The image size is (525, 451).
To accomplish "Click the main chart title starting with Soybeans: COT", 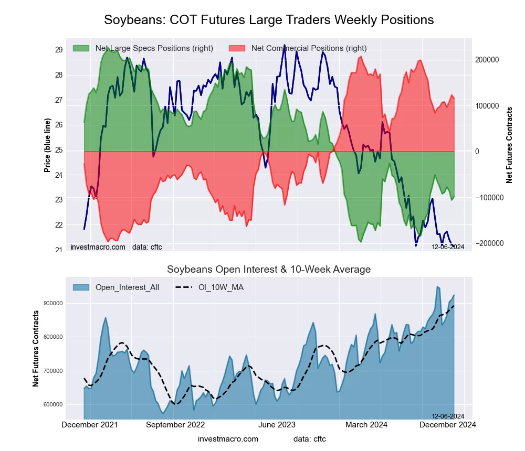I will click(269, 20).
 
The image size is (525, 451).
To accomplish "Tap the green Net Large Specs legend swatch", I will click(81, 48).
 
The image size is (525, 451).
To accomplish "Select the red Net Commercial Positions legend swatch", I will click(237, 48).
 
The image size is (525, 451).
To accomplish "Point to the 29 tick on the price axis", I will click(59, 50).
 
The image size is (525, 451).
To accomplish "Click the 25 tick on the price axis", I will click(59, 150).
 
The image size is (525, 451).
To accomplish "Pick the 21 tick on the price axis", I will click(59, 250).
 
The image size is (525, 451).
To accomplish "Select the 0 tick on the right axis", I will click(477, 152).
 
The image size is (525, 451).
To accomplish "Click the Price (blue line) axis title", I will click(47, 145).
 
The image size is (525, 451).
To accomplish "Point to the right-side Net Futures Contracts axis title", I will click(509, 145).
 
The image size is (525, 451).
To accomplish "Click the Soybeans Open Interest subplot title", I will click(269, 270).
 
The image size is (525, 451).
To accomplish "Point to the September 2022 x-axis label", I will click(175, 424).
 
